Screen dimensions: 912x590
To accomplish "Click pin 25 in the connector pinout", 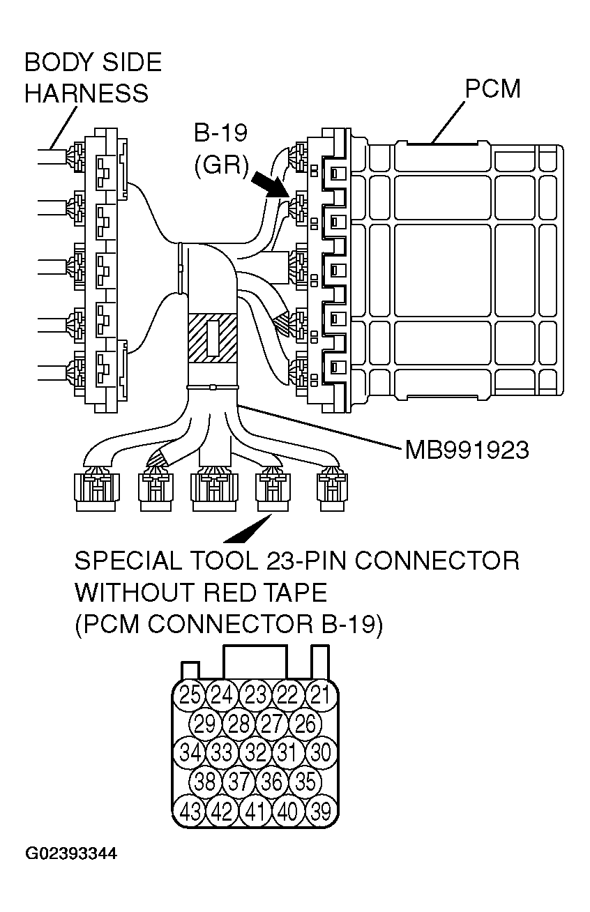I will [x=190, y=694].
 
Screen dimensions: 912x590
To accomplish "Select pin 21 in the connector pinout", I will [x=320, y=694].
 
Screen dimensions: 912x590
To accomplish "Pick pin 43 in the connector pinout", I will [x=190, y=812].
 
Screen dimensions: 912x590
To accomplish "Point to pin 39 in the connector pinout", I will [x=320, y=812].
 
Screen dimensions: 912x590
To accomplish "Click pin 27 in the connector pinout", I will [x=271, y=724].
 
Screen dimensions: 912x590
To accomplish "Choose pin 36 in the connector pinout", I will [x=271, y=782].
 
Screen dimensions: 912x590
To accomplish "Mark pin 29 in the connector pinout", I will [x=205, y=724].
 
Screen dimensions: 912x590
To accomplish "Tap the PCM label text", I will [x=493, y=89].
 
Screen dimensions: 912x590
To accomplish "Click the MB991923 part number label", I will [x=467, y=450].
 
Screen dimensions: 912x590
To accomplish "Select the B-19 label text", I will [x=221, y=132].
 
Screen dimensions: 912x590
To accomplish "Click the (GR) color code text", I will [x=221, y=165].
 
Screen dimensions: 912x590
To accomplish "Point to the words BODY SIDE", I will [x=93, y=63].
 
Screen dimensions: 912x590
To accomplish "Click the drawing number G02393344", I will [x=71, y=854].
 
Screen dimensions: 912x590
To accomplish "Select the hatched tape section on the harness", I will [x=213, y=338].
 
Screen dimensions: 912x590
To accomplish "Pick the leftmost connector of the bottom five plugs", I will [x=95, y=491].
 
